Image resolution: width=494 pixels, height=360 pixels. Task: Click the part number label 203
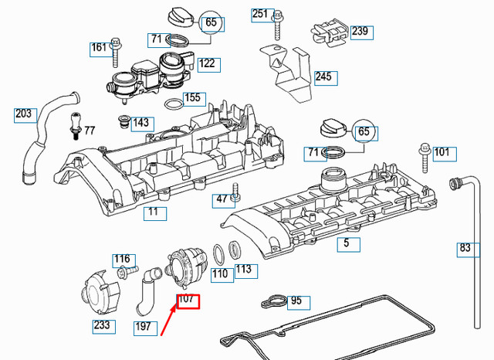tap(24, 114)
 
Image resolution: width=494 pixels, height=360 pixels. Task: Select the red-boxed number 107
tap(188, 299)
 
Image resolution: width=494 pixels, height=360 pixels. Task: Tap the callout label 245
tap(323, 77)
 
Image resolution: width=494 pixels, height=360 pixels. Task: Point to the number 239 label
tap(360, 32)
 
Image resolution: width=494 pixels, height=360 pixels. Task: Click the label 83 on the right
tap(465, 248)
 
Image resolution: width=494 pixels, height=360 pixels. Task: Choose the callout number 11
tap(154, 212)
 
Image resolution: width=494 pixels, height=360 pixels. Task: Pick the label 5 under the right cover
tap(347, 244)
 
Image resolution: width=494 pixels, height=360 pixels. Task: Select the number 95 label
tap(296, 301)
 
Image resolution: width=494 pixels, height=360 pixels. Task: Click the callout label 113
tap(243, 270)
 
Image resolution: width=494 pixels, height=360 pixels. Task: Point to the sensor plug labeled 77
tap(75, 125)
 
